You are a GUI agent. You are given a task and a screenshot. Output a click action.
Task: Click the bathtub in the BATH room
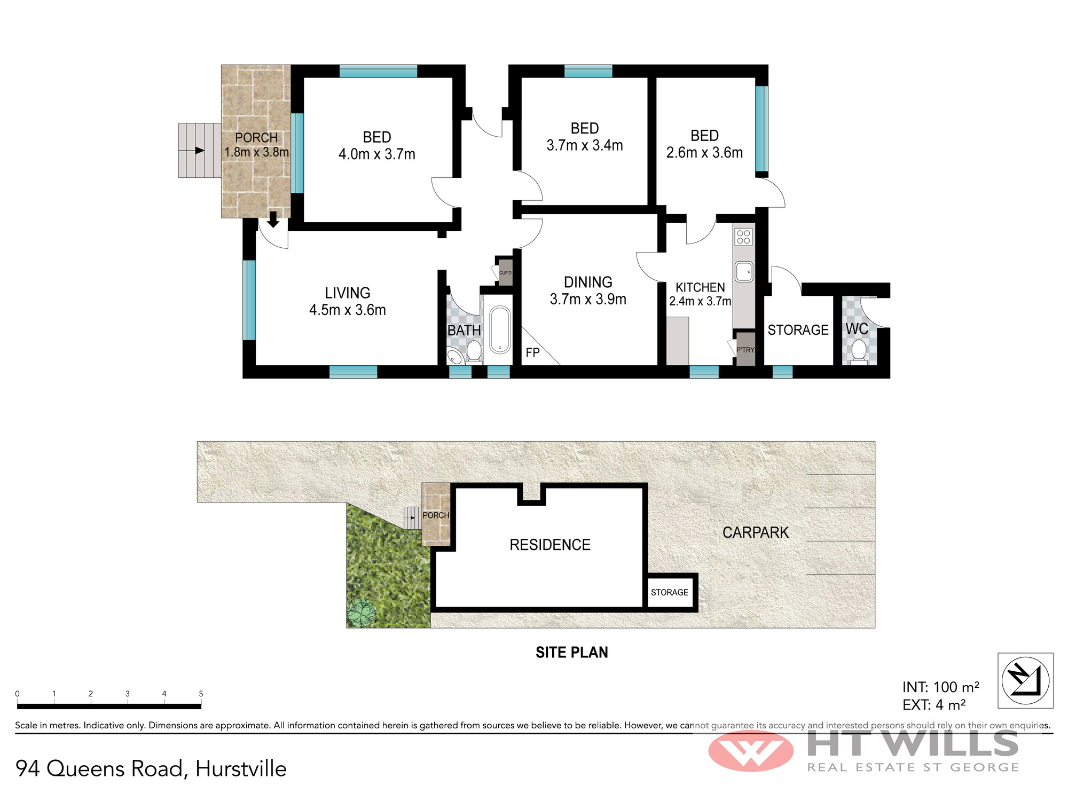[500, 330]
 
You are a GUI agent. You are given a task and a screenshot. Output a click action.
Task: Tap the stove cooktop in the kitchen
[743, 237]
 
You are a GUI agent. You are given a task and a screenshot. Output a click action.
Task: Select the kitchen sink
[744, 272]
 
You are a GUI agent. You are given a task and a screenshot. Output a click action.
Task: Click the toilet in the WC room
[859, 351]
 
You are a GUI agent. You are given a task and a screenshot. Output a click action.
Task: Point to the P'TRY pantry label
[745, 350]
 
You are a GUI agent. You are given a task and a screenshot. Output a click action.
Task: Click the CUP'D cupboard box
[505, 272]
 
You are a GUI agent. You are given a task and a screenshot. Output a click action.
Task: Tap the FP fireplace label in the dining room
[532, 352]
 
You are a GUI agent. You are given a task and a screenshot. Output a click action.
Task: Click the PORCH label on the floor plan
[256, 138]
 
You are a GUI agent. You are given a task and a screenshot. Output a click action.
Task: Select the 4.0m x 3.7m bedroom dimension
[377, 154]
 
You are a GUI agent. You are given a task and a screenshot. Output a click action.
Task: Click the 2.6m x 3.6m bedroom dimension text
[704, 153]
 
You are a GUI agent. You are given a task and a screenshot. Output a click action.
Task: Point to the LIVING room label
[348, 293]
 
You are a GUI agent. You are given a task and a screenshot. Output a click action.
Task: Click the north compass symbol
[1025, 680]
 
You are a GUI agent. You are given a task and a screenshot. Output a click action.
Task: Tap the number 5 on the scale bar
[201, 694]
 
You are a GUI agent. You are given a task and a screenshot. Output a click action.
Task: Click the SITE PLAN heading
[572, 652]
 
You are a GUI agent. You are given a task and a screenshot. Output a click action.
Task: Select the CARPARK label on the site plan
[756, 532]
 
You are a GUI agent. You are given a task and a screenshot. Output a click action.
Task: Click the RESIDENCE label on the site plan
[550, 545]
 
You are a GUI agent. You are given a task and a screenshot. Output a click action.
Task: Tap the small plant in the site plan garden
[362, 613]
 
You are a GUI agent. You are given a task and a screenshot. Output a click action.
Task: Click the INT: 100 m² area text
[941, 687]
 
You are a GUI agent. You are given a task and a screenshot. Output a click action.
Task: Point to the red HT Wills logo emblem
[751, 751]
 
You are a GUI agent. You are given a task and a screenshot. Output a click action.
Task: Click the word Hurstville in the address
[241, 769]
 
